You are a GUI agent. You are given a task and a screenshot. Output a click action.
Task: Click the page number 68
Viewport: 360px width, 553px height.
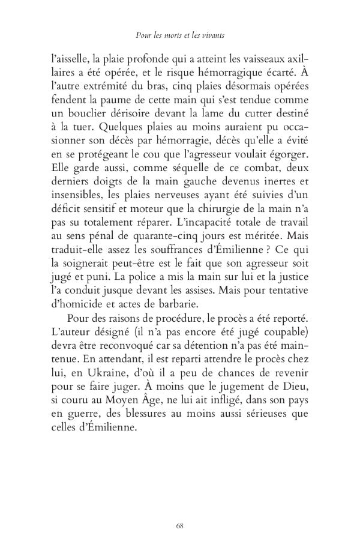click(x=180, y=526)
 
